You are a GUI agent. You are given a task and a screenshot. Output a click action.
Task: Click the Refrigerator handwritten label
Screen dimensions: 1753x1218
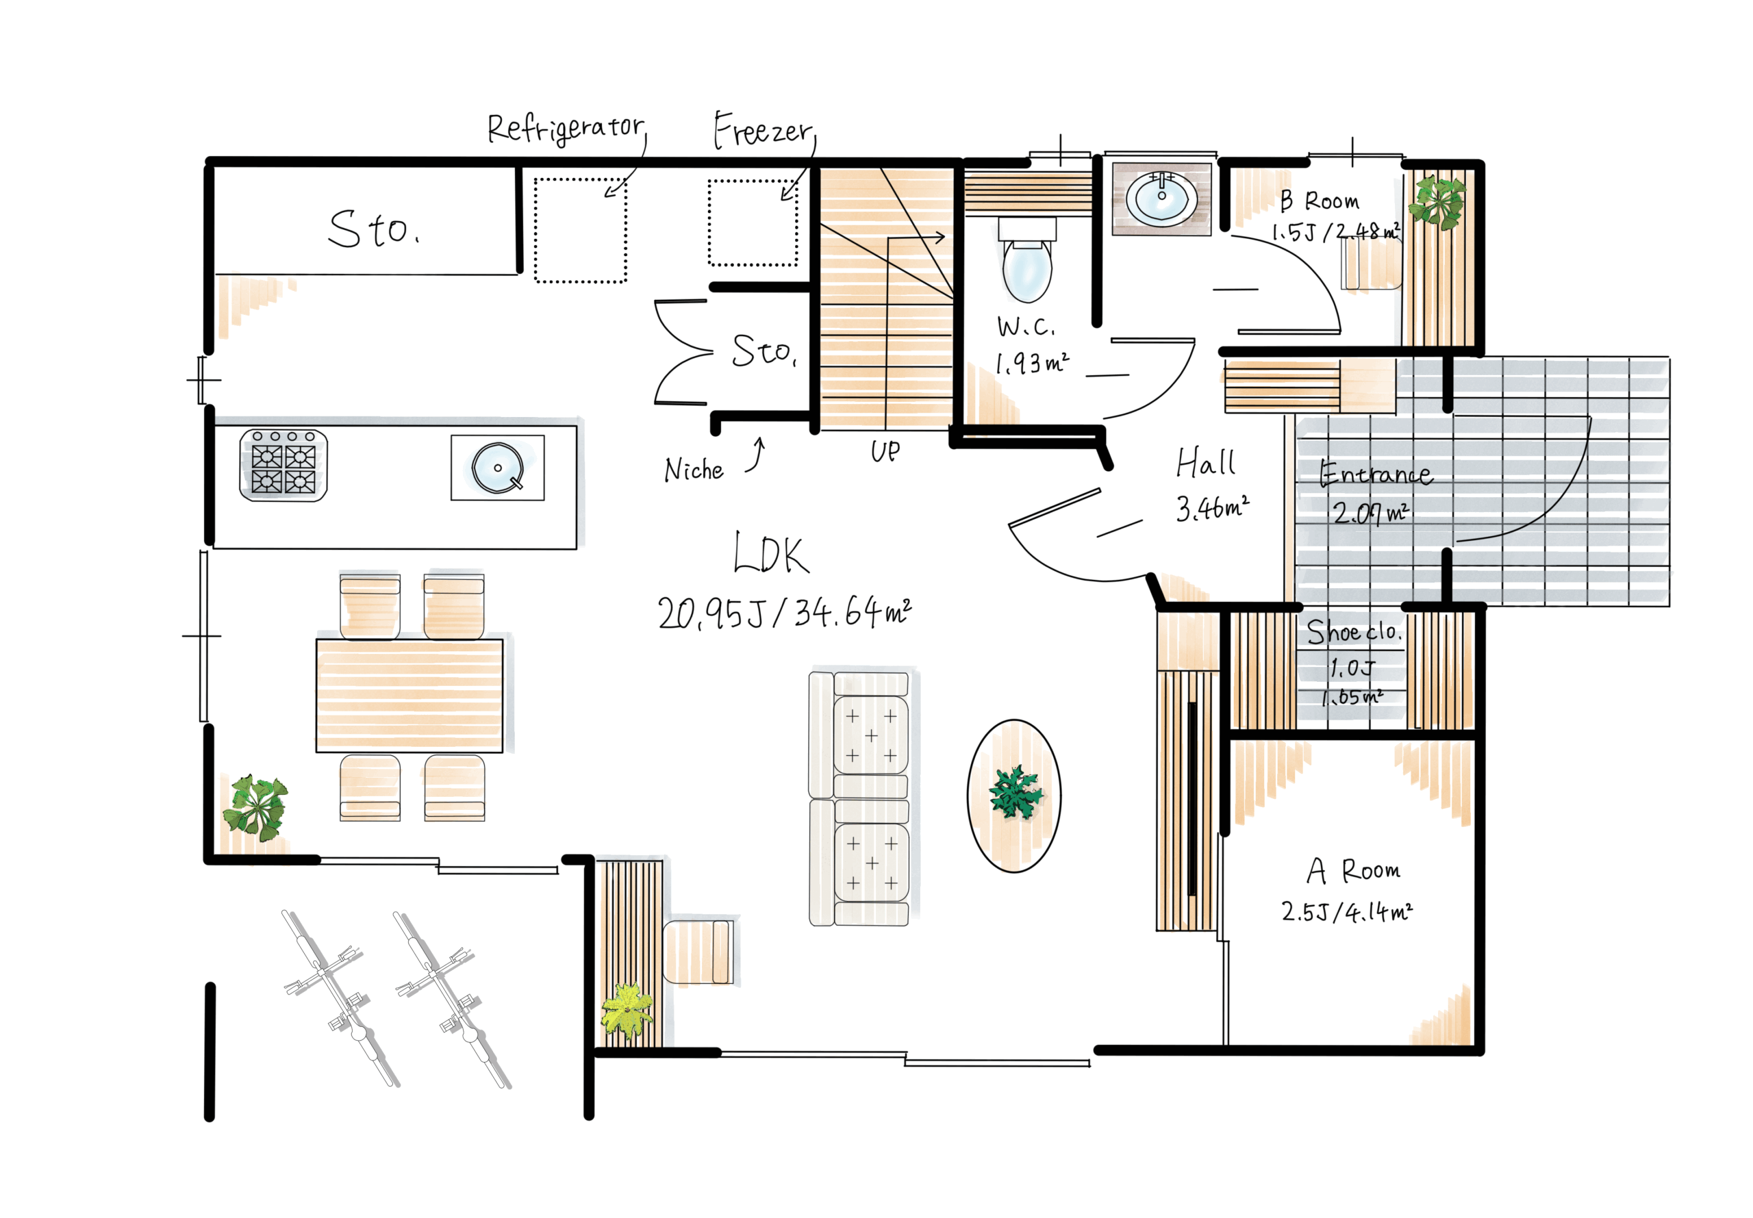566,128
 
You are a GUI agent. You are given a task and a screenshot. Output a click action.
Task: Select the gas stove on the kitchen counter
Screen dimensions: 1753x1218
283,465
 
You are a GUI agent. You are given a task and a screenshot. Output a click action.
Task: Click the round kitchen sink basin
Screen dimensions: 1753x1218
498,467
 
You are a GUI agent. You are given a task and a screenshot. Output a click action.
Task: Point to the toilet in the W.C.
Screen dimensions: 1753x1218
1026,259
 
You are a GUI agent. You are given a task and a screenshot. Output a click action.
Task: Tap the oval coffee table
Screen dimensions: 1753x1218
1013,795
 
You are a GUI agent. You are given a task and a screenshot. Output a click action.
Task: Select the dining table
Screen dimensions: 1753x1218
409,695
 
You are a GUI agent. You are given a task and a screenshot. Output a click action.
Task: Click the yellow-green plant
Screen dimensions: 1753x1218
627,1011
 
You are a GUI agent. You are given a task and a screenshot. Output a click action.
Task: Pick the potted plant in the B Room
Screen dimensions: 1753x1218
1436,201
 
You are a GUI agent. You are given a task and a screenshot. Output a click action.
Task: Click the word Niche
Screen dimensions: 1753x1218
693,470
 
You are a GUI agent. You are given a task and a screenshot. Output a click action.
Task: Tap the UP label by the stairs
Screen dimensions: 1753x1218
885,451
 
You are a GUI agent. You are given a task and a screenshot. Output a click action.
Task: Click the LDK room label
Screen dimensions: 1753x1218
770,553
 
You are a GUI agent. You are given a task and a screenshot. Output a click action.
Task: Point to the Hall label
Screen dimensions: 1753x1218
1205,462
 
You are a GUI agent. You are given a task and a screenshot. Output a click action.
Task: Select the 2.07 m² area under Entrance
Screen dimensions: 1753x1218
1370,511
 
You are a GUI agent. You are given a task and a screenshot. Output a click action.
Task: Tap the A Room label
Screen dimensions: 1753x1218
1353,871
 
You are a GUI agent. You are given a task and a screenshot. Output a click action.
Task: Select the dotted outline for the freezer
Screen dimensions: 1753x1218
753,223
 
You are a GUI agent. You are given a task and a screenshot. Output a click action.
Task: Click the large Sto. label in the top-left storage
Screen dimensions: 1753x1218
373,229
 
